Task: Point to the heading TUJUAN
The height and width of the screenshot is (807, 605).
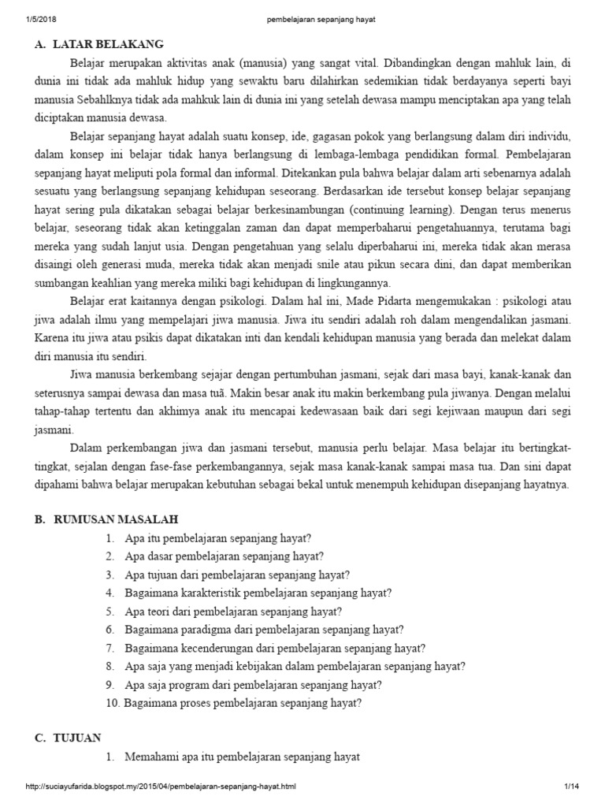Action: pos(77,737)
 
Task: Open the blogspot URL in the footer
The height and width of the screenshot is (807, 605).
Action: pos(161,787)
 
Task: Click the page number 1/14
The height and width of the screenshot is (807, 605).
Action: pos(571,787)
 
